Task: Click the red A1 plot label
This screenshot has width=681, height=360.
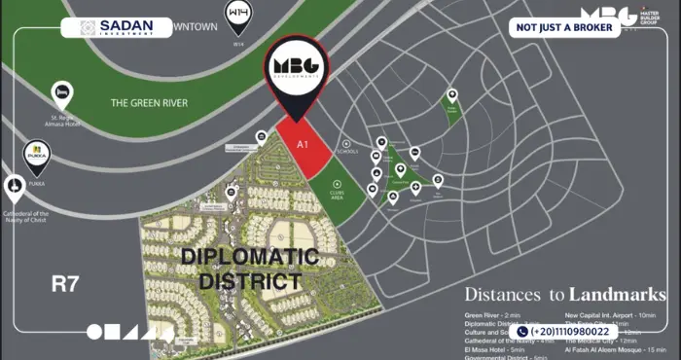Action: (303, 143)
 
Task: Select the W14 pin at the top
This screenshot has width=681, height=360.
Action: (237, 15)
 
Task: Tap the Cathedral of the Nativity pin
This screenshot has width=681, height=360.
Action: (15, 188)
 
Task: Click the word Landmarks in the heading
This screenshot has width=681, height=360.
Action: (618, 293)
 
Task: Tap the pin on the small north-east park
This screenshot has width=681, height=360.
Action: (451, 96)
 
